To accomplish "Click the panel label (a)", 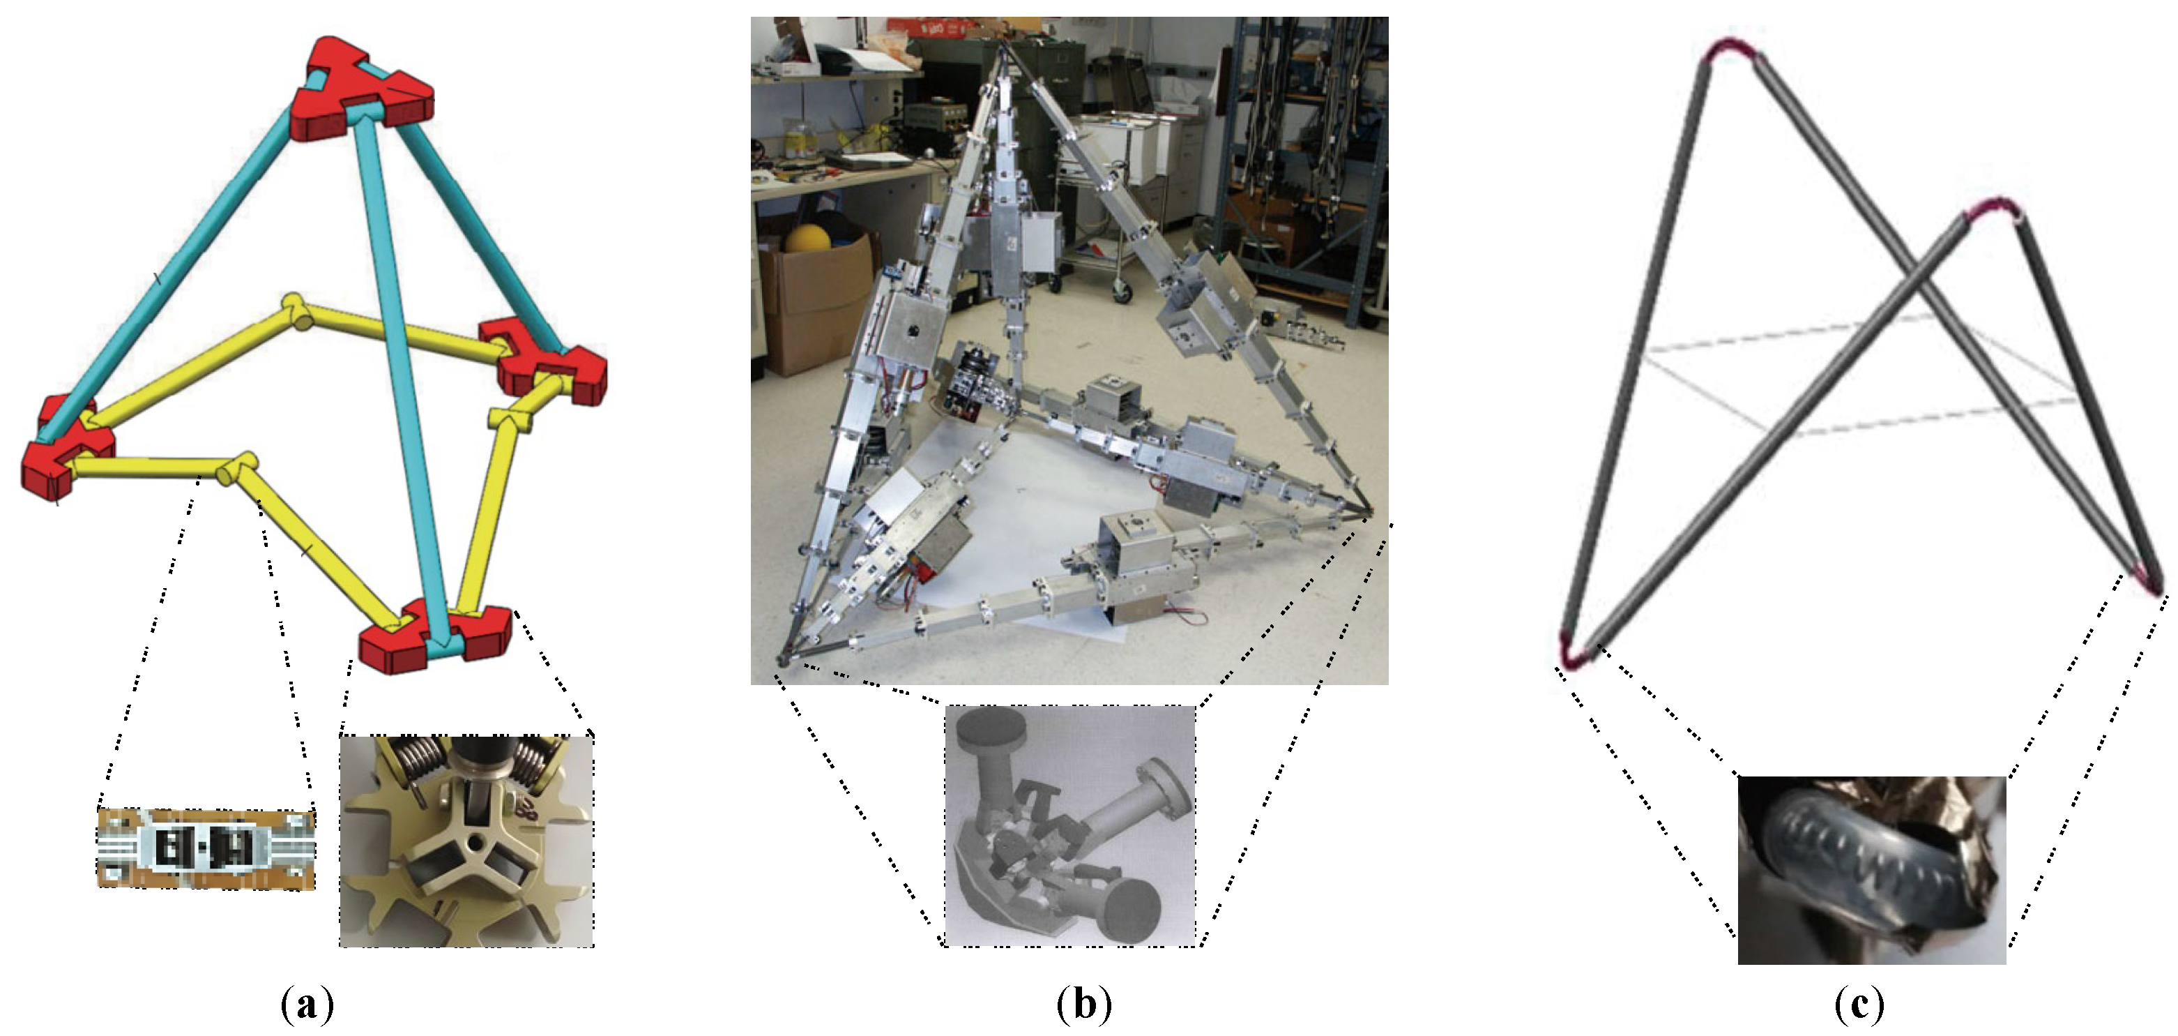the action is (307, 1005).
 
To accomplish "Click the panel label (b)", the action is (1085, 1005).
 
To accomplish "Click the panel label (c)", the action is (1859, 1005).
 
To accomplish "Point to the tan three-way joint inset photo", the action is (466, 841).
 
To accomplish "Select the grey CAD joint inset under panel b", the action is (1070, 825).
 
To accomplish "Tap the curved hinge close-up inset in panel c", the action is (1871, 869).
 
